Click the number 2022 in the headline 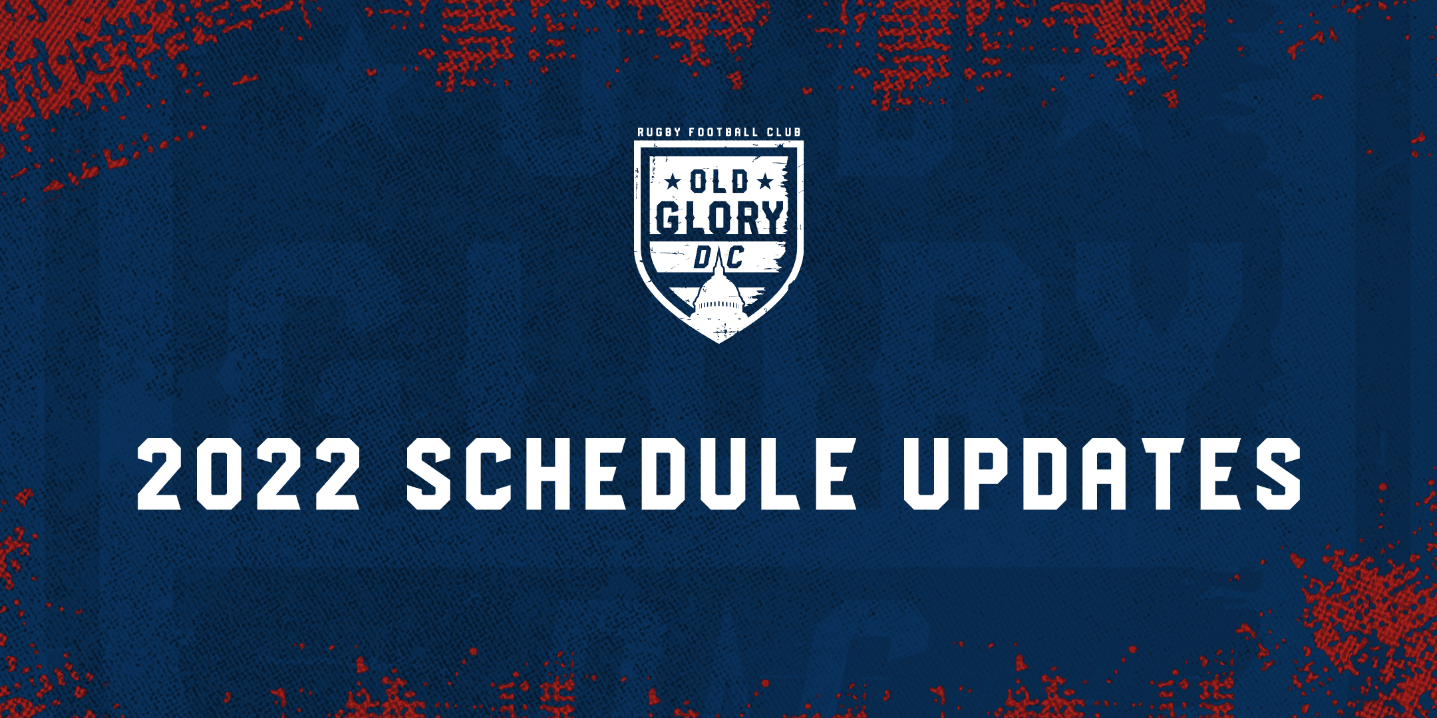click(x=249, y=474)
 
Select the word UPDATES click(x=1102, y=474)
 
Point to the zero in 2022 click(x=220, y=474)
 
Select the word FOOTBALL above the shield click(x=723, y=132)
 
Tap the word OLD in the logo click(x=719, y=181)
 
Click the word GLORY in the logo click(x=720, y=217)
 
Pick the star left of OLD click(x=674, y=181)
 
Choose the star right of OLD click(x=765, y=181)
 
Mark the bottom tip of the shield click(x=718, y=343)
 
